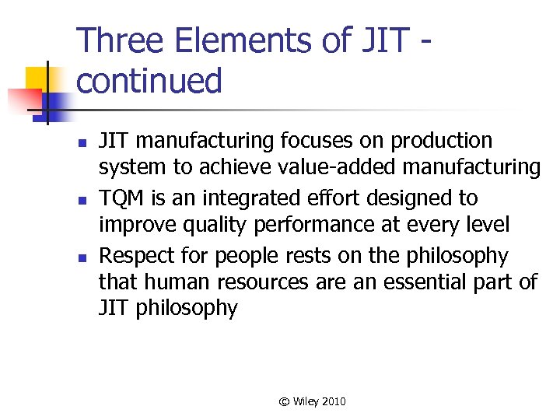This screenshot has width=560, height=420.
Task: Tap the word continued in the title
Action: point(149,81)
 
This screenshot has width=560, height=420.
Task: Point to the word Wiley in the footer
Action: point(306,401)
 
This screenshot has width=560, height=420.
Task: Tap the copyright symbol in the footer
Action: point(284,401)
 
